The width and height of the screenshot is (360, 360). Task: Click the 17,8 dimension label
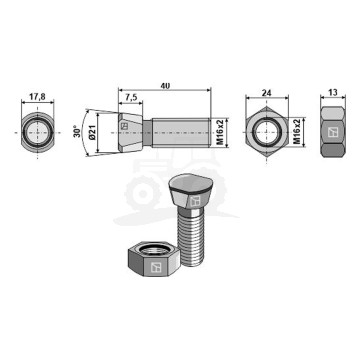[x=37, y=97]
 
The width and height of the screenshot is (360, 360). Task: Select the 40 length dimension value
[x=165, y=86]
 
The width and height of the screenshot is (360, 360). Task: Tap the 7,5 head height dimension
[x=131, y=97]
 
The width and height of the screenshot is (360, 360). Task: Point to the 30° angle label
[x=76, y=132]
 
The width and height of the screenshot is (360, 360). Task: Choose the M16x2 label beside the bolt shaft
[x=219, y=133]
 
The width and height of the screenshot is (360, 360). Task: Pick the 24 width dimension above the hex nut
[x=267, y=93]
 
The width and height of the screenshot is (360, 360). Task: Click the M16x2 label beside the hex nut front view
[x=297, y=132]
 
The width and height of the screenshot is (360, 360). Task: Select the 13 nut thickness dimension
[x=333, y=92]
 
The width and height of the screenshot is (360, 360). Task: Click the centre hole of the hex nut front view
[x=266, y=132]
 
